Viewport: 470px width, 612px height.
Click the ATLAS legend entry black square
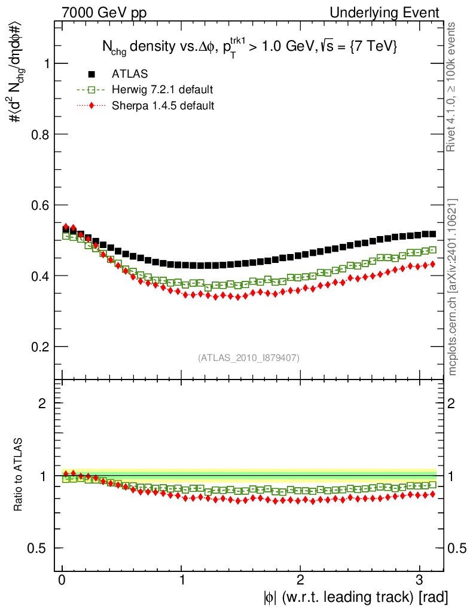tap(91, 74)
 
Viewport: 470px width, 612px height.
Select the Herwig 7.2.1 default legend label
tap(163, 90)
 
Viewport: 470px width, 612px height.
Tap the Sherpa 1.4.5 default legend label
tap(163, 106)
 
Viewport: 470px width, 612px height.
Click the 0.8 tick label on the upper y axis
tap(40, 134)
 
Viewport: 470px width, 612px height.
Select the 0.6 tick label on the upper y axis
tap(40, 205)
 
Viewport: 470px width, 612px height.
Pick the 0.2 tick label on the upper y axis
tap(40, 347)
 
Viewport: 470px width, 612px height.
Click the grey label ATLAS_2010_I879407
tap(249, 358)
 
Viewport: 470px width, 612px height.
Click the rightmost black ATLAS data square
tap(432, 234)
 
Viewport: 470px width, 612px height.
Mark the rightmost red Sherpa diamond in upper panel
tap(432, 264)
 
